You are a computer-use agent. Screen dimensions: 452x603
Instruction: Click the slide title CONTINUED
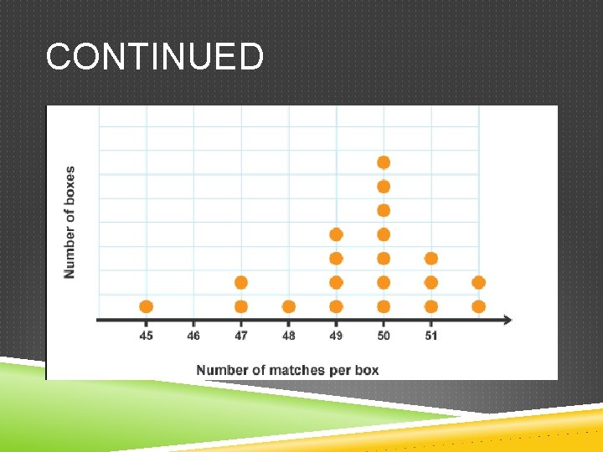pos(155,58)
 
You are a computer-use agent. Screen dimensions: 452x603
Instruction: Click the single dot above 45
pos(147,306)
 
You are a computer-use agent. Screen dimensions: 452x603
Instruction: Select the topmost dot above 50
pos(384,162)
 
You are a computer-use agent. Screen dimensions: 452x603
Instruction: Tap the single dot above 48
pos(289,306)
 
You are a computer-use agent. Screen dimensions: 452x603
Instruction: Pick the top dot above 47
pos(241,283)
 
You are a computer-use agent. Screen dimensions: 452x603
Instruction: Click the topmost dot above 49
pos(336,234)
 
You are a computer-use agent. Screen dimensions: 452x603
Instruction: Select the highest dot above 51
pos(431,259)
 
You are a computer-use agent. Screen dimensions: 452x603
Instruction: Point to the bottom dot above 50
pos(384,306)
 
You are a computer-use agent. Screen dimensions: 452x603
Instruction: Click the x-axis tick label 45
pos(147,336)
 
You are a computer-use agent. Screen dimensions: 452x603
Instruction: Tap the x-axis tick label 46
pos(193,336)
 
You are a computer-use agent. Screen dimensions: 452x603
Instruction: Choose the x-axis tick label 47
pos(241,336)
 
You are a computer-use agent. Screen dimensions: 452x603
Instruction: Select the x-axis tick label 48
pos(289,336)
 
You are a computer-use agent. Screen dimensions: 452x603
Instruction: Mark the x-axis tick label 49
pos(336,336)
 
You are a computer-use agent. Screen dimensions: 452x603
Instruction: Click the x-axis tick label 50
pos(384,336)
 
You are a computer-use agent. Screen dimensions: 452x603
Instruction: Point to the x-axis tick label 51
pos(431,336)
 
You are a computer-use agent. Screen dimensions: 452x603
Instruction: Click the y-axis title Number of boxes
pos(70,222)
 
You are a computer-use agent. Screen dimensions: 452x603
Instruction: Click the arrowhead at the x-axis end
pos(508,319)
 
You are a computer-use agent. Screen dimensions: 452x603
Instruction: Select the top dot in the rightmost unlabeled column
pos(478,283)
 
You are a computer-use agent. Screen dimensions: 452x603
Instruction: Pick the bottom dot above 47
pos(241,306)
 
